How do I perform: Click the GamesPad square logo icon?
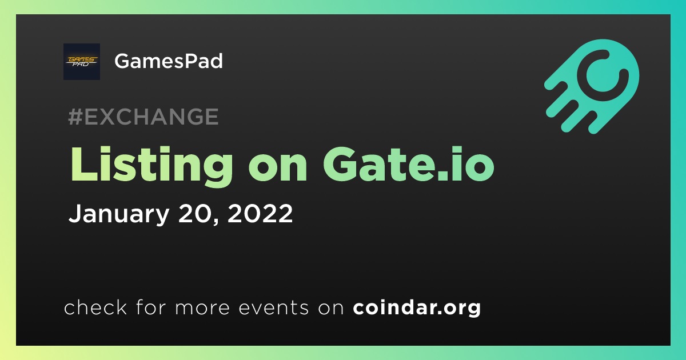82,62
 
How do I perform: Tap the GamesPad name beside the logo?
169,61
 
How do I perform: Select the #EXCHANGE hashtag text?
143,117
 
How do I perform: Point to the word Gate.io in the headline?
409,164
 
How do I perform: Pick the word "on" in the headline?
278,169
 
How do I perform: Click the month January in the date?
119,214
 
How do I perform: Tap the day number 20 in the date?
195,213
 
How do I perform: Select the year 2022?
260,213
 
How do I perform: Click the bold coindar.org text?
417,307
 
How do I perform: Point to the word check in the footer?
95,307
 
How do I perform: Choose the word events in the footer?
274,307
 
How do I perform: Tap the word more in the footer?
202,308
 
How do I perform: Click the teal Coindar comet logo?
592,86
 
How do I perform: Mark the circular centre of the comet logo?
603,75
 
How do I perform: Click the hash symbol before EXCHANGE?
75,117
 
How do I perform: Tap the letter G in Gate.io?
340,164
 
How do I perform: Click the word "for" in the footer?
151,307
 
